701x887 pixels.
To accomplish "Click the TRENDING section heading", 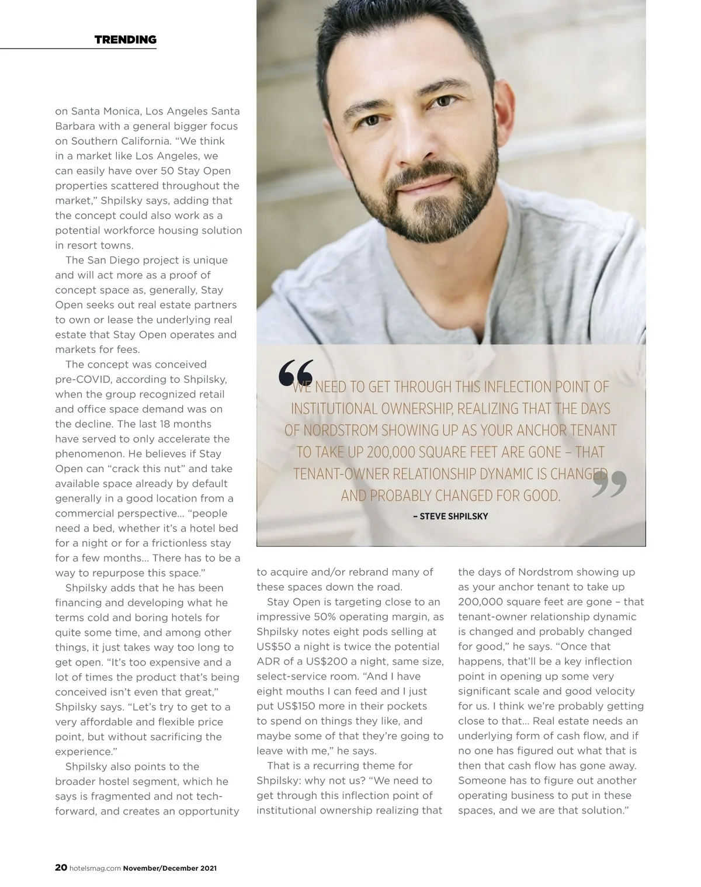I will click(125, 40).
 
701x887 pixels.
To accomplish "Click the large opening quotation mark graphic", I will click(296, 373).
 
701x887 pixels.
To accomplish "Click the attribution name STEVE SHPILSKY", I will click(453, 517).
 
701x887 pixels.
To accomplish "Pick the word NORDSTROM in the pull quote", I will click(341, 431).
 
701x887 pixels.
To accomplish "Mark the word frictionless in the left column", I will click(185, 543).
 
